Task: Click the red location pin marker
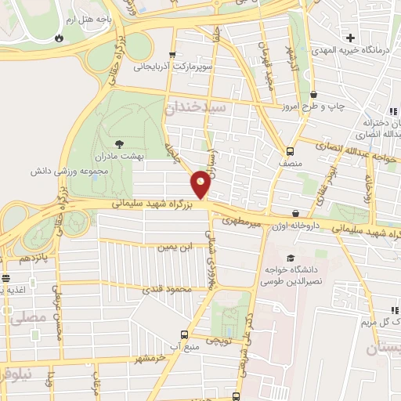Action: pos(200,183)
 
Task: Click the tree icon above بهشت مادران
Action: pos(119,143)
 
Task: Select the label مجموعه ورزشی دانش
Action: pos(63,170)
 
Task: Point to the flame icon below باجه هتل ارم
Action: pos(60,36)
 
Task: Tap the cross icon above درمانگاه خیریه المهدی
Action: pos(351,36)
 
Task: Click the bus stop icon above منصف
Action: pos(291,151)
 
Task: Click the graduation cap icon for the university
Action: pos(291,258)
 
